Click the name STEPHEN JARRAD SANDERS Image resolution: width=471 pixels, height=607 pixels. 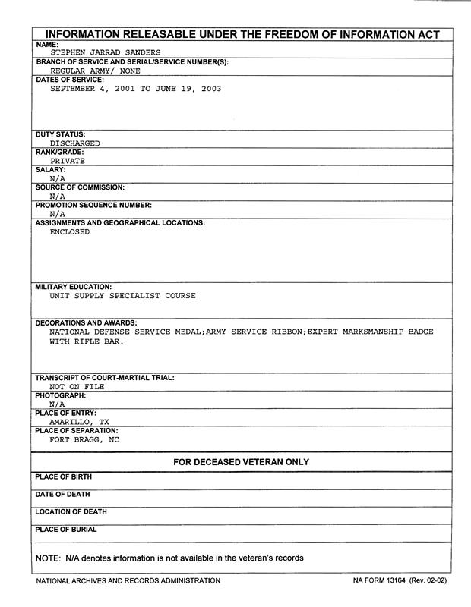(x=106, y=52)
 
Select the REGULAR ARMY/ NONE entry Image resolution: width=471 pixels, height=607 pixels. (x=90, y=70)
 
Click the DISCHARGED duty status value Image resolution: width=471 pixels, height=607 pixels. (x=74, y=143)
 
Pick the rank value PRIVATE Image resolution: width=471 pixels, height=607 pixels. (x=67, y=161)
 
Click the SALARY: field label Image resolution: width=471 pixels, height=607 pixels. (x=51, y=170)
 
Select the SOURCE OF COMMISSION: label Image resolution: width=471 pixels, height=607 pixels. (x=80, y=187)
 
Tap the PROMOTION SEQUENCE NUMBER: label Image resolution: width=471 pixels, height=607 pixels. (x=94, y=205)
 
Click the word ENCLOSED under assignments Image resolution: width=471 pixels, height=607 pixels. (x=69, y=232)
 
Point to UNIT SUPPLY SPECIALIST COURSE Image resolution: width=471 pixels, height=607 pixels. (x=122, y=296)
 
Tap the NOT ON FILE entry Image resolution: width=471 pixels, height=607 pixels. (x=77, y=386)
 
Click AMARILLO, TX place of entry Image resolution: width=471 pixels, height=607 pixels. (x=79, y=422)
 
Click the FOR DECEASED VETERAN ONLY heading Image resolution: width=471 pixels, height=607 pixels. (x=241, y=462)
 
